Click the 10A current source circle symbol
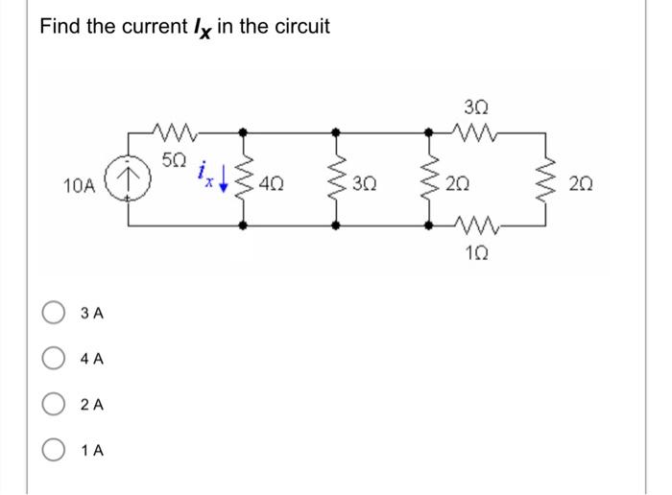(130, 179)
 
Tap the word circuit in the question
(298, 26)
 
